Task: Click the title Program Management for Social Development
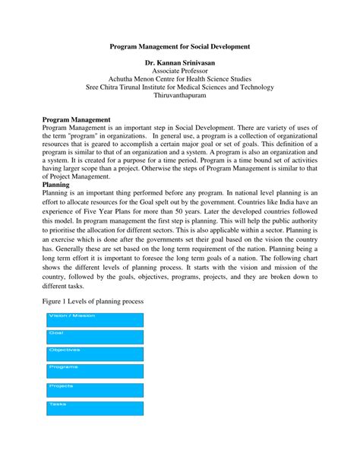179,47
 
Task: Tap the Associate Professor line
179,78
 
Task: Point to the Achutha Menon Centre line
179,87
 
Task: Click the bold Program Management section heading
77,120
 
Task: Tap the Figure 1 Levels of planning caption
93,302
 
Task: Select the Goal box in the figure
95,338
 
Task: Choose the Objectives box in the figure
95,355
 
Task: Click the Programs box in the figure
95,372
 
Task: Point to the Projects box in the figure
95,391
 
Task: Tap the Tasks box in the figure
95,408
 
